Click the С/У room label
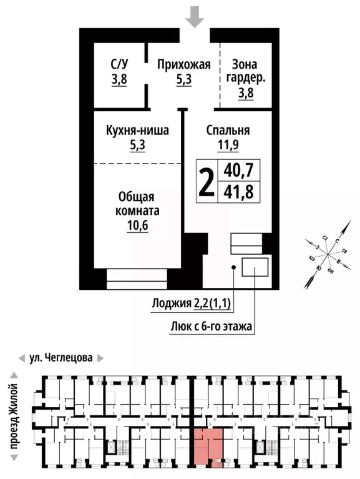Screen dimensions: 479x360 coord(119,64)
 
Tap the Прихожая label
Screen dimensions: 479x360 coord(183,64)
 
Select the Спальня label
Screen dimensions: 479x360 coord(228,131)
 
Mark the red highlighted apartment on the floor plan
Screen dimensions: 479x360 coord(208,447)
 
